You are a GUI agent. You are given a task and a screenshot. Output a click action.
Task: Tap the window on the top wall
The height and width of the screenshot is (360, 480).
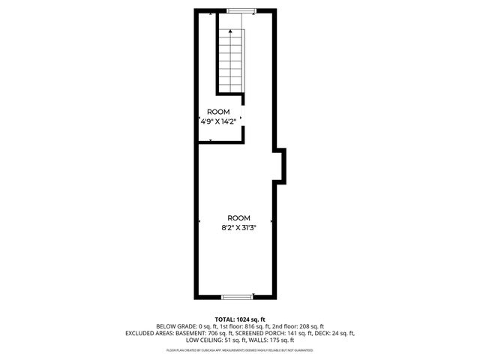click(x=240, y=10)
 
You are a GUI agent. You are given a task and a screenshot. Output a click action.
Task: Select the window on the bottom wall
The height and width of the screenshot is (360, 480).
click(x=240, y=296)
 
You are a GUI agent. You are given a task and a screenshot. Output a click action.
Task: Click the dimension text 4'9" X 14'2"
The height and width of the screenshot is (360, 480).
click(x=218, y=120)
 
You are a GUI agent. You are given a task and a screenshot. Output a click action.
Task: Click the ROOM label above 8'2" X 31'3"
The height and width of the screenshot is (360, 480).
click(x=239, y=217)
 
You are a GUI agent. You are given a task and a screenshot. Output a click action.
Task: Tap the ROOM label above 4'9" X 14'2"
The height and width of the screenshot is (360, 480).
click(x=218, y=111)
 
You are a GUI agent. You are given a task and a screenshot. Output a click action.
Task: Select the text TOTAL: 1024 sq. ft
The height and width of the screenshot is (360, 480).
click(x=240, y=319)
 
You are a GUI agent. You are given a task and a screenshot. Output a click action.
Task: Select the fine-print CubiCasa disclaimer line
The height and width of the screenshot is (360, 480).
click(x=240, y=349)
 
